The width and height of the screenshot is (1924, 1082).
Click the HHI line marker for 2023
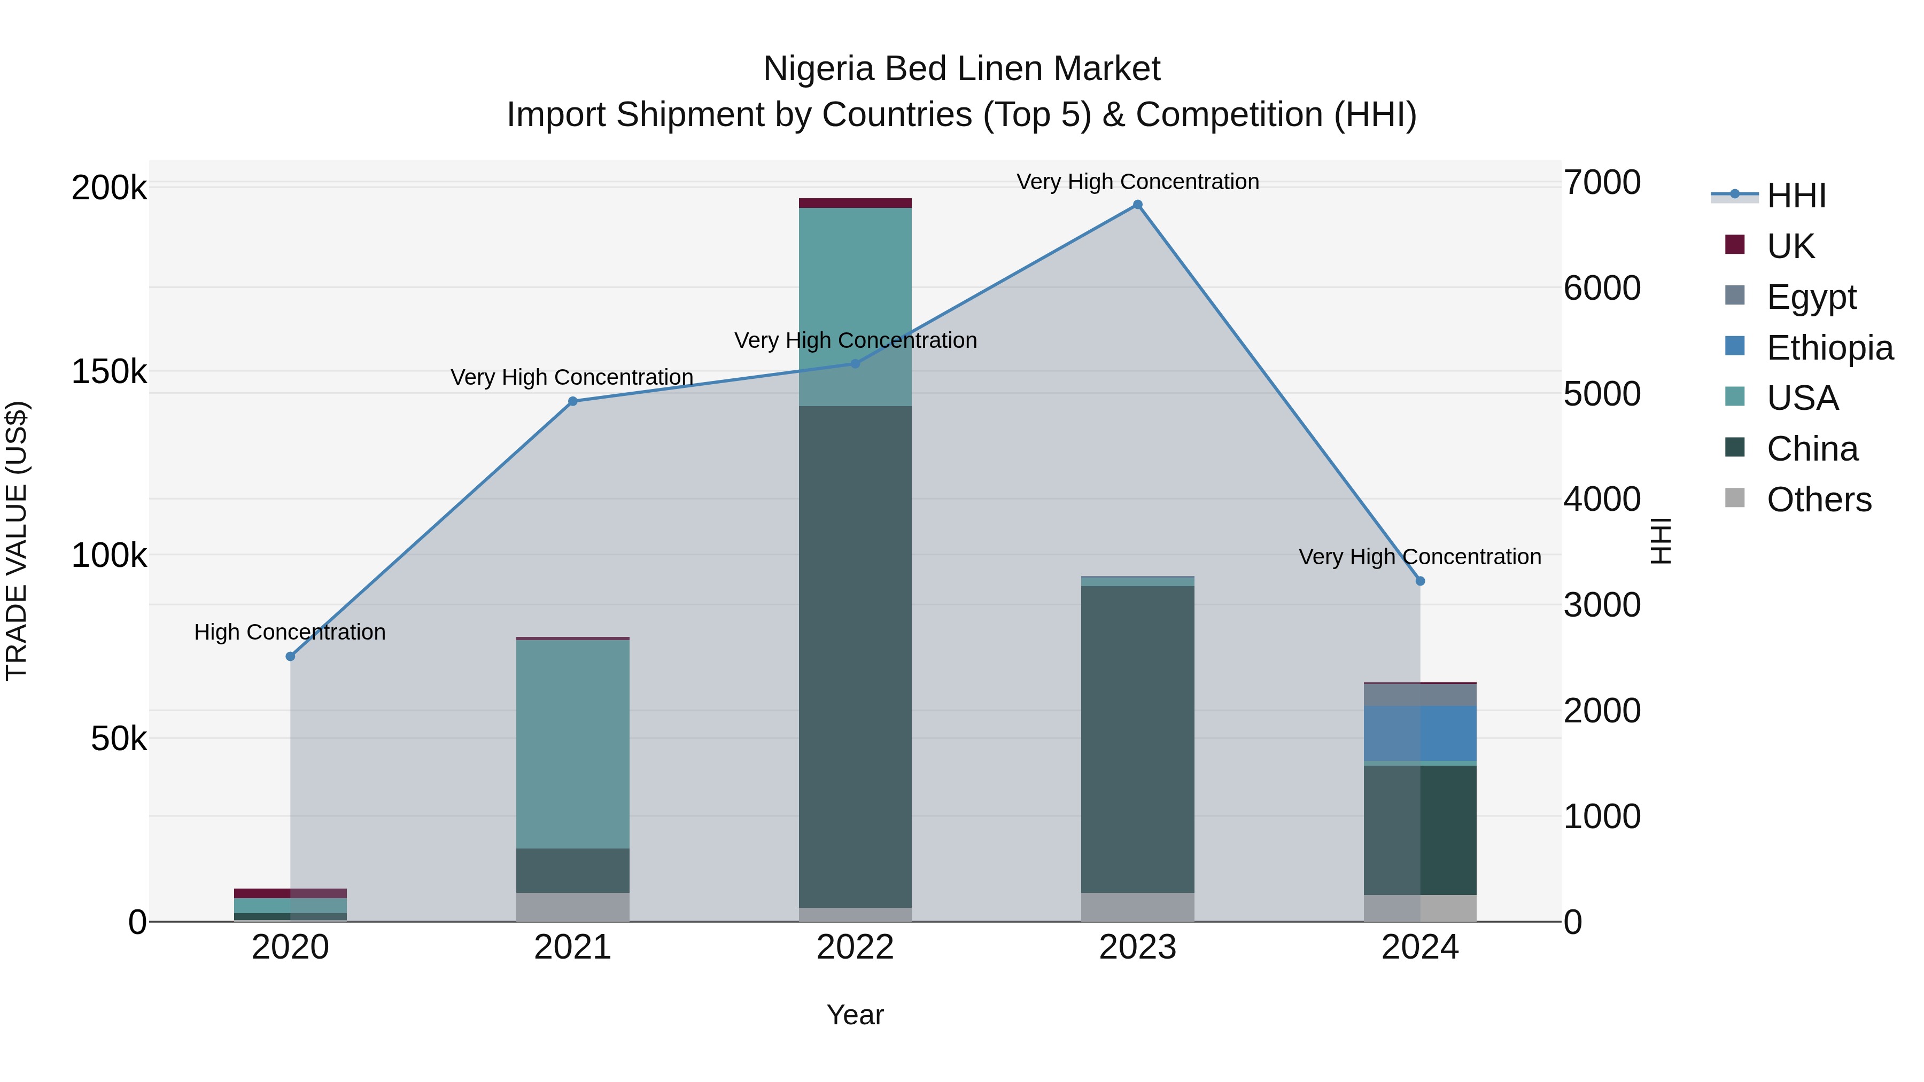click(1137, 205)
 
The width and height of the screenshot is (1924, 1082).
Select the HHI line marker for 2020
click(291, 656)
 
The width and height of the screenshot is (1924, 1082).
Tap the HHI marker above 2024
click(1420, 581)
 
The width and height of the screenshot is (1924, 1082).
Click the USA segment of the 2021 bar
click(573, 744)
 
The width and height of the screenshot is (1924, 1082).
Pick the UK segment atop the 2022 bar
click(855, 203)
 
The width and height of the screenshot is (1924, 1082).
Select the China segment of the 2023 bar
click(1137, 740)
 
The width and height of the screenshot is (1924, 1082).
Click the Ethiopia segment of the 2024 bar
click(1420, 733)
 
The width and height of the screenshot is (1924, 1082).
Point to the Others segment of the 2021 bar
click(573, 907)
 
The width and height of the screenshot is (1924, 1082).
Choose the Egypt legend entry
click(1811, 297)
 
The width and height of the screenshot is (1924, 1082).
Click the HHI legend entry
click(1796, 196)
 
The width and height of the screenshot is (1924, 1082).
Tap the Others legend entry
click(1818, 500)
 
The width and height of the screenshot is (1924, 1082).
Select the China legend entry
click(1811, 449)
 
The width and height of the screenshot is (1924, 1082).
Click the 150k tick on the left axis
click(109, 372)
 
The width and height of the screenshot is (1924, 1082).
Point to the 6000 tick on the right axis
click(1602, 288)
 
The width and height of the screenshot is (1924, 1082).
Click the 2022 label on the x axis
click(855, 947)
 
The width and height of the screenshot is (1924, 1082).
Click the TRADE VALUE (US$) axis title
click(17, 541)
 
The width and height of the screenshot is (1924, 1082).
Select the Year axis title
click(855, 1015)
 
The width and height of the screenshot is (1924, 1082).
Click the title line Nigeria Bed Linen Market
click(961, 69)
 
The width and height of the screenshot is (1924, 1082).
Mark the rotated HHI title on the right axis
click(1661, 541)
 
